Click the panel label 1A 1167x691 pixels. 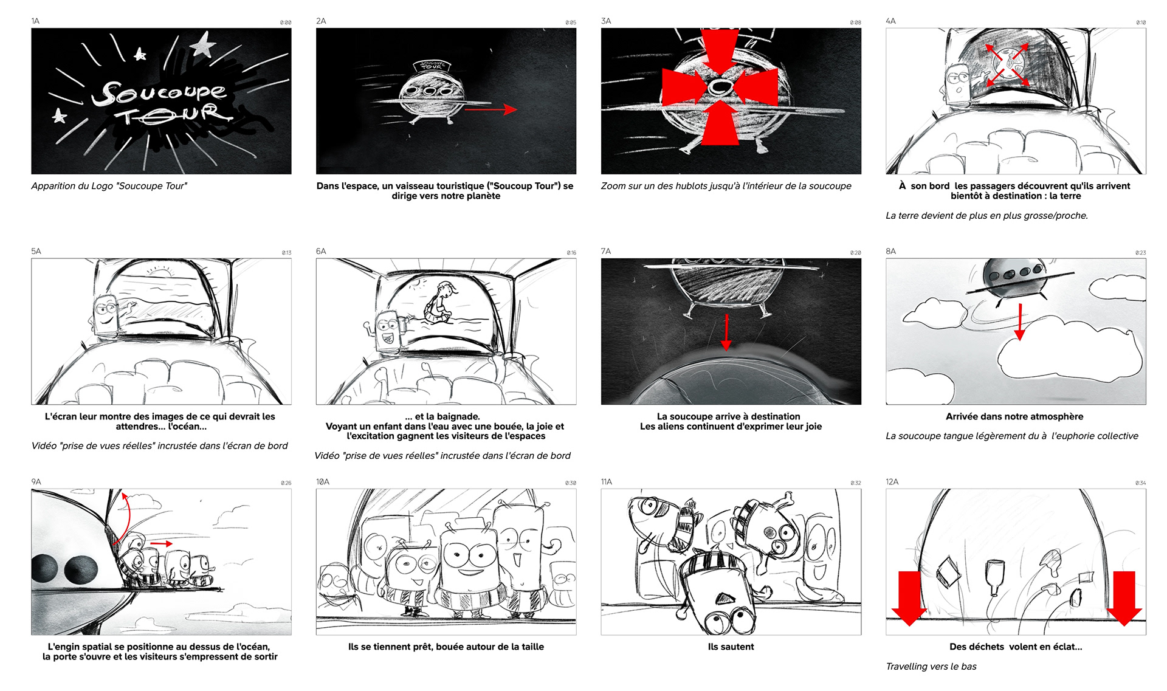[35, 21]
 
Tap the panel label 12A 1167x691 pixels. [892, 482]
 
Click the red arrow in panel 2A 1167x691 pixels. [491, 109]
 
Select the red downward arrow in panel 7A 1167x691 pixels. [726, 333]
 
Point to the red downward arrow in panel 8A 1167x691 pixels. [1020, 321]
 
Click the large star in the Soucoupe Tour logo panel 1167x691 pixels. [203, 44]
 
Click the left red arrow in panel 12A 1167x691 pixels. [909, 598]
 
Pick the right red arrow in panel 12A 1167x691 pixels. [1124, 598]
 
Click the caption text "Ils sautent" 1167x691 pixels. [731, 647]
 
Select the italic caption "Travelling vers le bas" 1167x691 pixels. [931, 666]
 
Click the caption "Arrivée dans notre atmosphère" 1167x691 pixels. [1014, 416]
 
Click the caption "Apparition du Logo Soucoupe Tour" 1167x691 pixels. [109, 186]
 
